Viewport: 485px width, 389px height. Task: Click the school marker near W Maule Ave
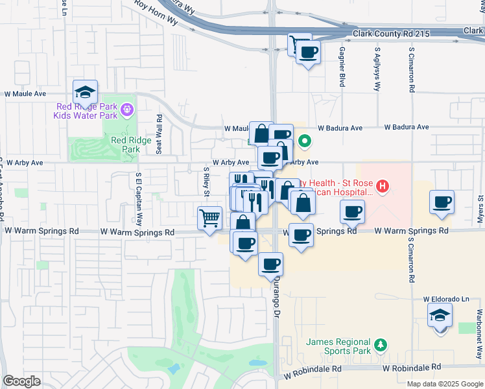click(85, 91)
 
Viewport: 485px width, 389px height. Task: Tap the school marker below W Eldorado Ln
click(440, 316)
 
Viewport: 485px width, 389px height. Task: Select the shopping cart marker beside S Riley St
click(210, 218)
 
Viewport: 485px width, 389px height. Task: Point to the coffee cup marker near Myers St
click(442, 202)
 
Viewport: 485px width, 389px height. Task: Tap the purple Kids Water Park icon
click(126, 111)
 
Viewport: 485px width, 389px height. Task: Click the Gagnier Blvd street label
click(342, 67)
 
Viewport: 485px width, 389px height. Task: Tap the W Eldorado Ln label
click(446, 300)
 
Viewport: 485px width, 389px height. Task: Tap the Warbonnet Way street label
click(479, 337)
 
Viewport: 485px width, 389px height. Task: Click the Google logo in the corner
click(22, 381)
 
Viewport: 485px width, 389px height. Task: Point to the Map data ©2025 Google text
click(444, 384)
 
